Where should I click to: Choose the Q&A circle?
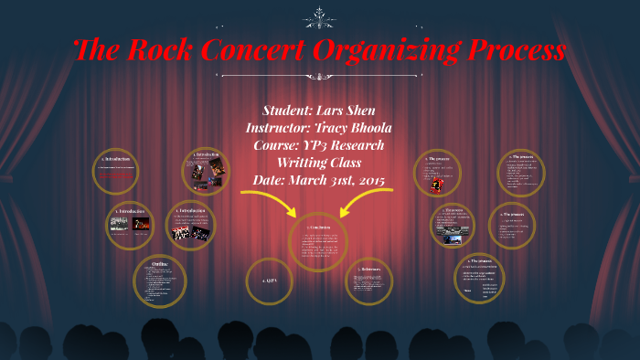click(x=268, y=281)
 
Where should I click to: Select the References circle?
click(x=369, y=281)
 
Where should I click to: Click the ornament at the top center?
click(x=319, y=16)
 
